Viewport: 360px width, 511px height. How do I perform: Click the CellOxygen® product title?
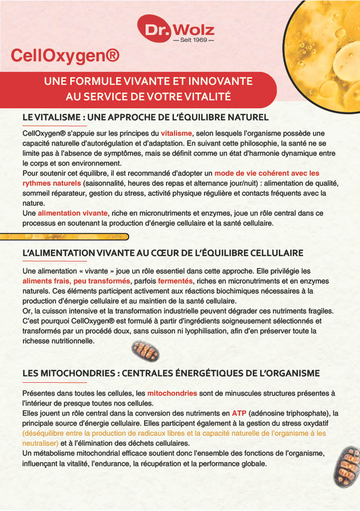tap(65, 56)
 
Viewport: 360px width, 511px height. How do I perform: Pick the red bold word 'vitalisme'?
tap(177, 133)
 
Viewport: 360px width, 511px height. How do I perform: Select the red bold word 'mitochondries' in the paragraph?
tap(172, 393)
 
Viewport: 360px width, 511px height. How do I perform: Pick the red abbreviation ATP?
tap(239, 413)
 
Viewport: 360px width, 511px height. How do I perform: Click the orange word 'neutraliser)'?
tap(40, 443)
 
